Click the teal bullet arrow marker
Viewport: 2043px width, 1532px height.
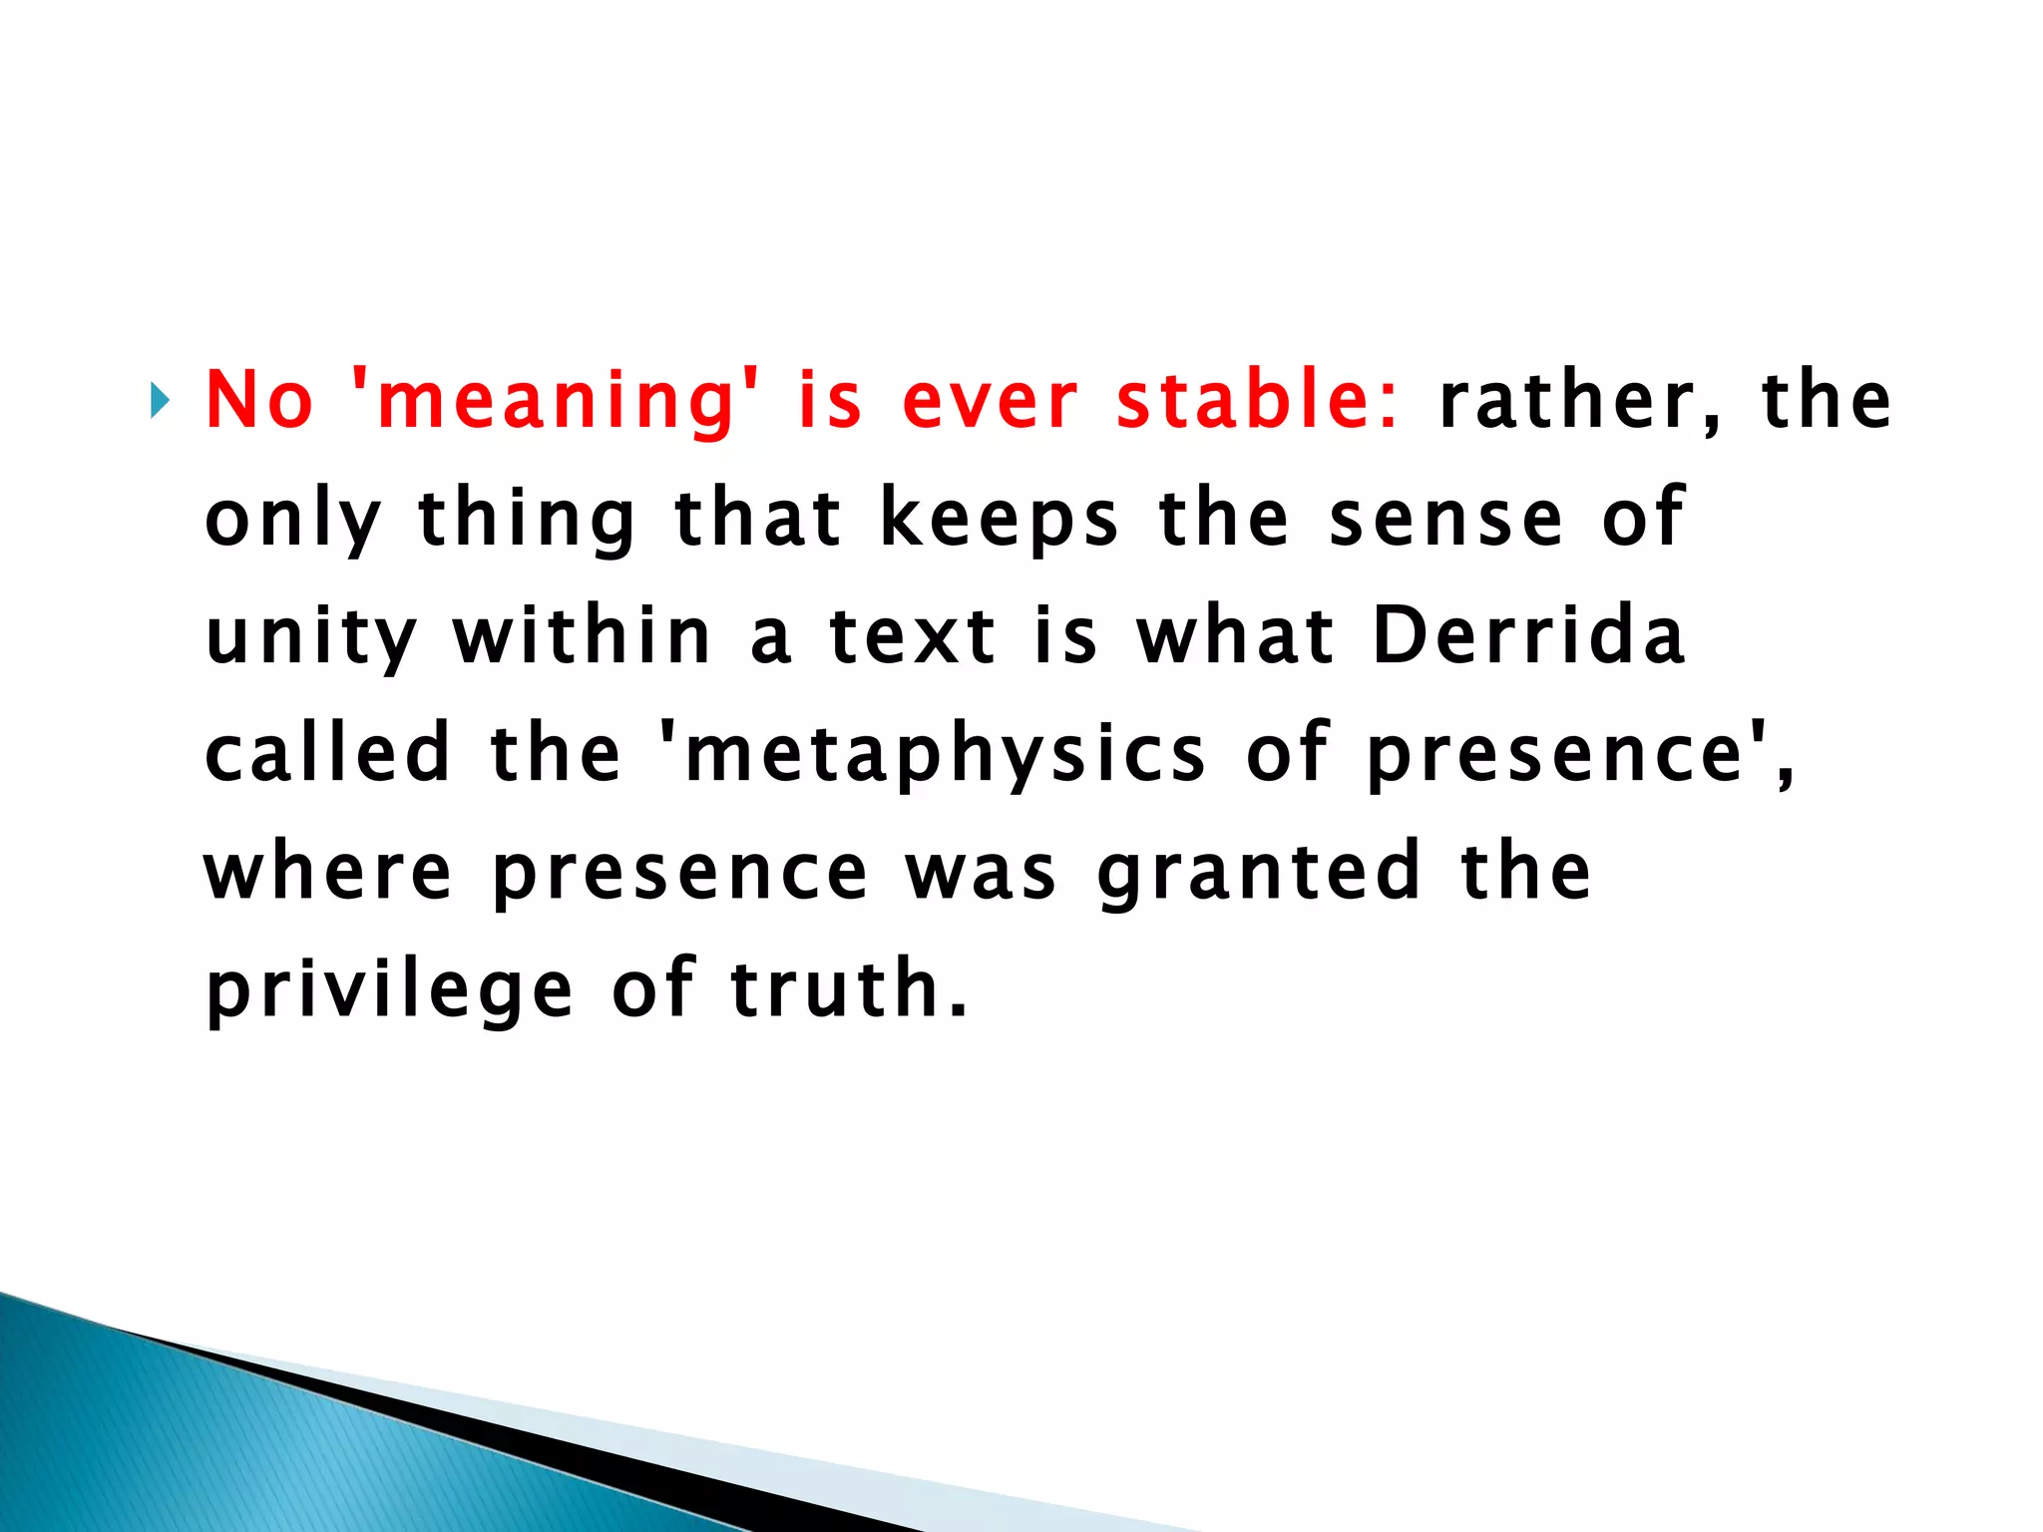160,401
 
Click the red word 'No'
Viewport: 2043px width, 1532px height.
259,401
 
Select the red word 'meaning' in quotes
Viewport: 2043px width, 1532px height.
555,401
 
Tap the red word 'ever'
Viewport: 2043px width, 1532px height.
990,401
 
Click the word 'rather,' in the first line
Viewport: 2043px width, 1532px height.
1580,401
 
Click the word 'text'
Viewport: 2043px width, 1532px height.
913,636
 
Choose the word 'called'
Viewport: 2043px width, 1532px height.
328,753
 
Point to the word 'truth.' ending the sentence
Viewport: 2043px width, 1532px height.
849,988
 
